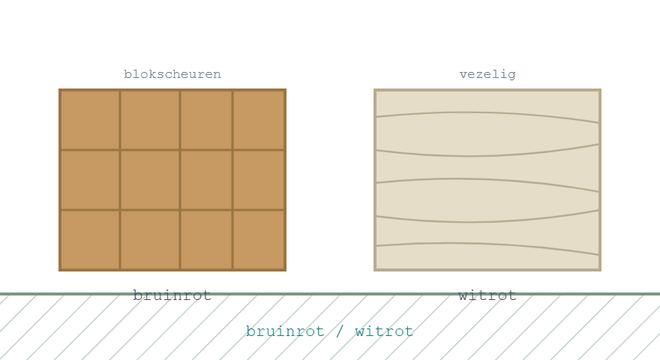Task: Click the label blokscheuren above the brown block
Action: pyautogui.click(x=172, y=74)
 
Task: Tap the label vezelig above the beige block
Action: pyautogui.click(x=487, y=74)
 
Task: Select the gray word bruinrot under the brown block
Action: pyautogui.click(x=172, y=295)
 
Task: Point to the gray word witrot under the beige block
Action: pyautogui.click(x=487, y=295)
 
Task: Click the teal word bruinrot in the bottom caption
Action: pyautogui.click(x=285, y=331)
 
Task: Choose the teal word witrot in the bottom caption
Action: pyautogui.click(x=384, y=331)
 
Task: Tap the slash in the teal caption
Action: pyautogui.click(x=340, y=331)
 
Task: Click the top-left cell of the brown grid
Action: pyautogui.click(x=90, y=120)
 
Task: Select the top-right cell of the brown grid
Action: pyautogui.click(x=259, y=120)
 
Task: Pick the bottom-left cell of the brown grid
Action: pyautogui.click(x=90, y=239)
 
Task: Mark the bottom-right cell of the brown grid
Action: pyautogui.click(x=259, y=239)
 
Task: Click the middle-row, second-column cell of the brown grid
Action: pyautogui.click(x=150, y=180)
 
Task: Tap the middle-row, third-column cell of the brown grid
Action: pyautogui.click(x=206, y=180)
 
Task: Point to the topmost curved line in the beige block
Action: pyautogui.click(x=487, y=113)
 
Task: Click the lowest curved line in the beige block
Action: pyautogui.click(x=487, y=244)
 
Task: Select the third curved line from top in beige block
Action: pyautogui.click(x=487, y=180)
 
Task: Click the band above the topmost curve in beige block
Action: pyautogui.click(x=487, y=101)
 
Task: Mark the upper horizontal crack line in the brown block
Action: pyautogui.click(x=172, y=150)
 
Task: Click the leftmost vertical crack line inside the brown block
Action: pyautogui.click(x=120, y=180)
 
